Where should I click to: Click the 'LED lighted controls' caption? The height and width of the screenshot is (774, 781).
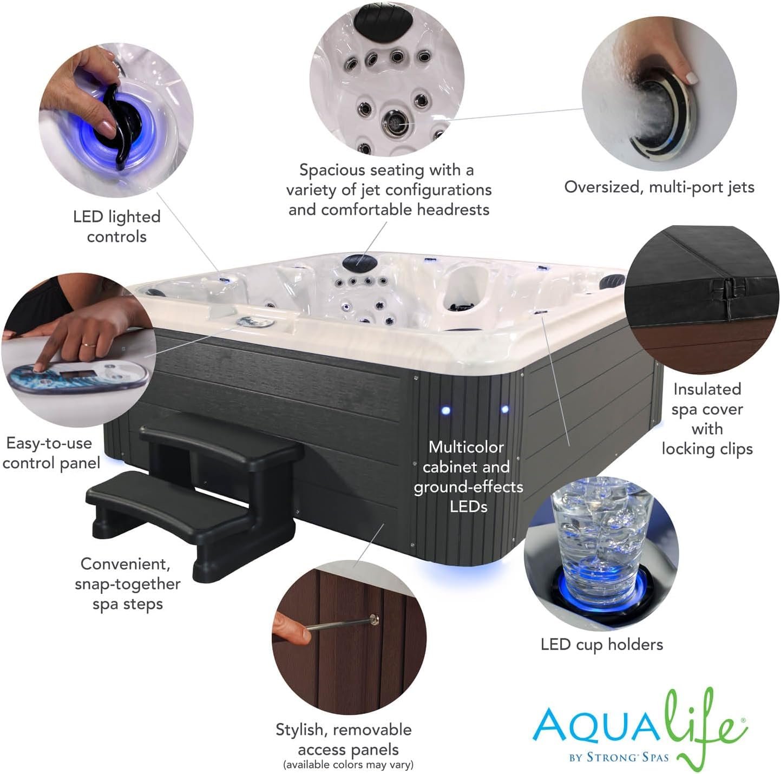(x=117, y=226)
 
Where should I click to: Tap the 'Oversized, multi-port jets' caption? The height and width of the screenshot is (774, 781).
(x=659, y=187)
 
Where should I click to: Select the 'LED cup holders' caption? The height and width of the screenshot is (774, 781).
(x=602, y=644)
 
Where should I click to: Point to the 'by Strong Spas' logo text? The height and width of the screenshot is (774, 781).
(x=619, y=757)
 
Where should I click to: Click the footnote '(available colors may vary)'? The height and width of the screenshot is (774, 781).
(x=348, y=765)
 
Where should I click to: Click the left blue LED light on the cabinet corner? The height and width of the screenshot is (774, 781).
(x=446, y=410)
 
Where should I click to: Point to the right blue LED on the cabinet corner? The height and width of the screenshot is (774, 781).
(x=505, y=409)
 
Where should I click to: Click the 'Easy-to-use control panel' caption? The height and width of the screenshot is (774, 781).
(x=51, y=453)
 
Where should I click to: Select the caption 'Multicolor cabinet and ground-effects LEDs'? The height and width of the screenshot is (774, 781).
(x=468, y=476)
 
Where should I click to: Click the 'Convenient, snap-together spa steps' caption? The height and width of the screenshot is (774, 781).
(x=127, y=584)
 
